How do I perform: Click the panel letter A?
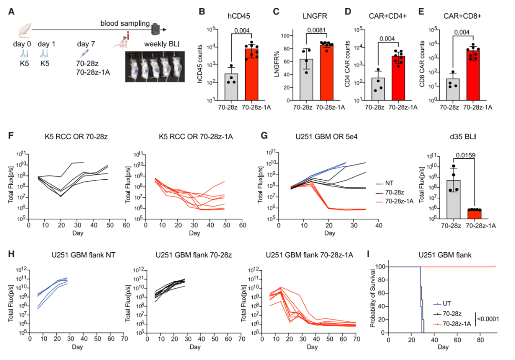tap(11, 11)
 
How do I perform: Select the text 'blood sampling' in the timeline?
tap(125, 23)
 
